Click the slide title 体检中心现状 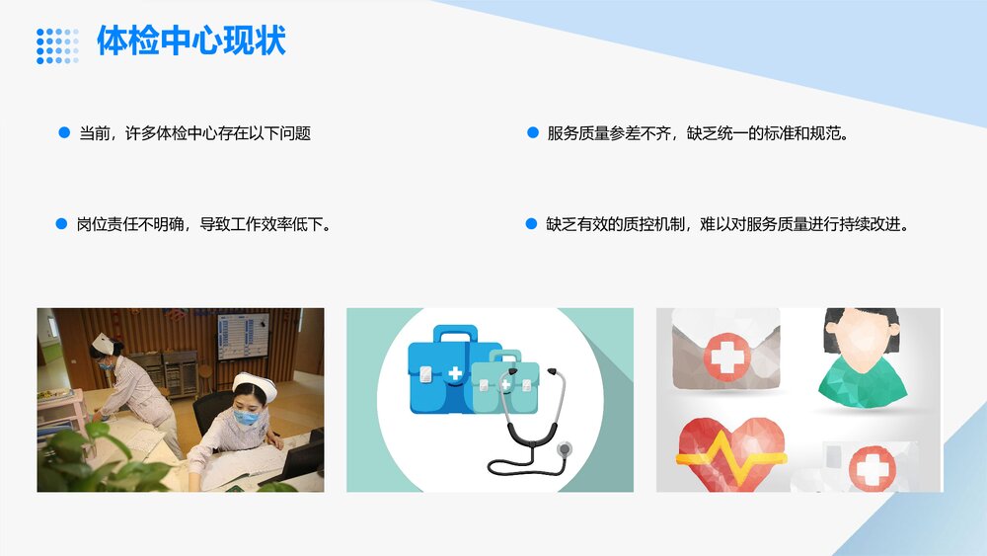click(190, 41)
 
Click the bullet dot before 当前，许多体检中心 click(64, 132)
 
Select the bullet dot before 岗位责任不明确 click(61, 224)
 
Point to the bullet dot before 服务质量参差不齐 click(532, 132)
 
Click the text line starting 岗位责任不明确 click(203, 224)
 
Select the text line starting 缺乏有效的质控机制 click(726, 224)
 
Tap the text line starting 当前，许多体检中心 click(194, 132)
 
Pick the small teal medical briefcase click(504, 385)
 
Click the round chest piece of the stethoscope click(564, 449)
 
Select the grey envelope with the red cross click(726, 350)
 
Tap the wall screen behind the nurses click(242, 336)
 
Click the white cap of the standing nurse click(103, 342)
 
